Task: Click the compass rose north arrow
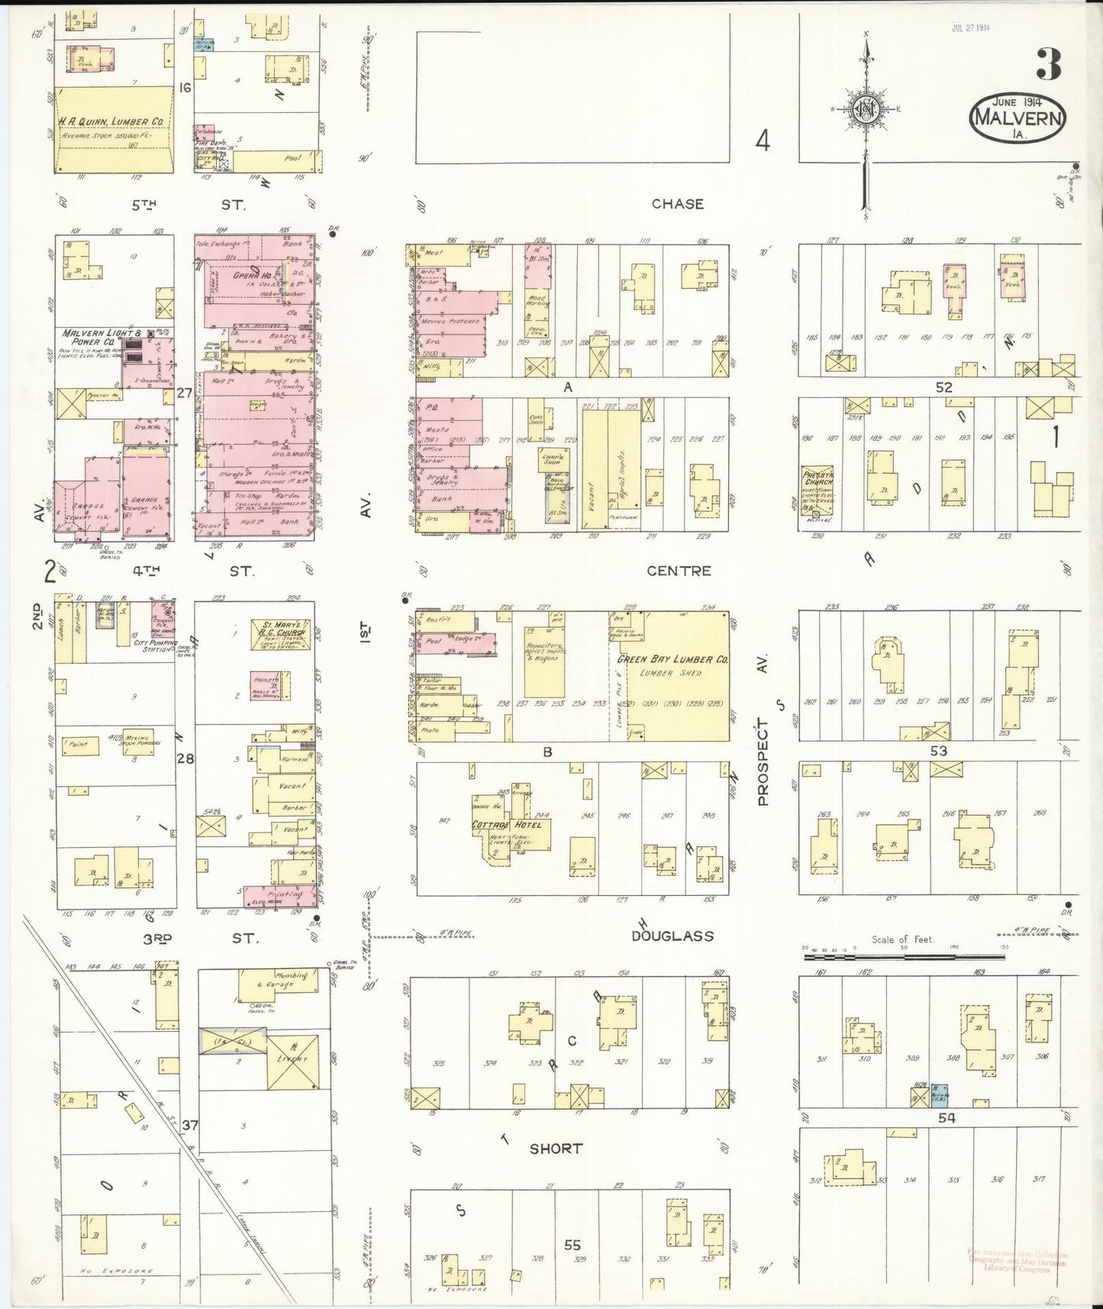coord(866,107)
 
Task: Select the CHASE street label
coord(677,204)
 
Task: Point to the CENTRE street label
coord(679,570)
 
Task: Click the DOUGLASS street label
coord(672,936)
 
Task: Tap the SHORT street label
coord(556,1148)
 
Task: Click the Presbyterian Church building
coord(817,489)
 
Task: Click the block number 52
coord(944,387)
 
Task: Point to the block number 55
coord(572,1245)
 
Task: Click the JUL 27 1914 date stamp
coord(970,28)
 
